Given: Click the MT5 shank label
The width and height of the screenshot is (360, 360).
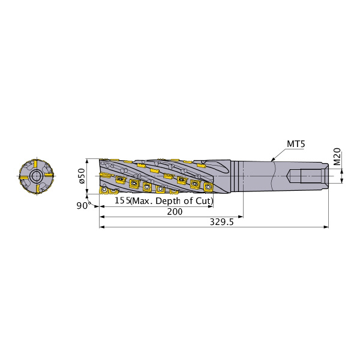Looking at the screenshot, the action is (x=296, y=144).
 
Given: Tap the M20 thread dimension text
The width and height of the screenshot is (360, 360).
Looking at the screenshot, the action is (x=337, y=157).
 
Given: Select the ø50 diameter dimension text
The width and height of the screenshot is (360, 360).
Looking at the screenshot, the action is (x=82, y=176).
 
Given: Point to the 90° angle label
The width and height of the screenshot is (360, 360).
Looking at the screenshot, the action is (x=82, y=206).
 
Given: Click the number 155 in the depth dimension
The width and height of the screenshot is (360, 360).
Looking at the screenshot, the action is (x=122, y=200).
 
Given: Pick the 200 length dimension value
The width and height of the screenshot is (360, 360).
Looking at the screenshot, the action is (x=175, y=211).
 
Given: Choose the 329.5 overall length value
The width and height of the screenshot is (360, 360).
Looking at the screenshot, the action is (x=221, y=222).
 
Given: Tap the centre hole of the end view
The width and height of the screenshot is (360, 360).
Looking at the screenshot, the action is (x=36, y=176).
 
